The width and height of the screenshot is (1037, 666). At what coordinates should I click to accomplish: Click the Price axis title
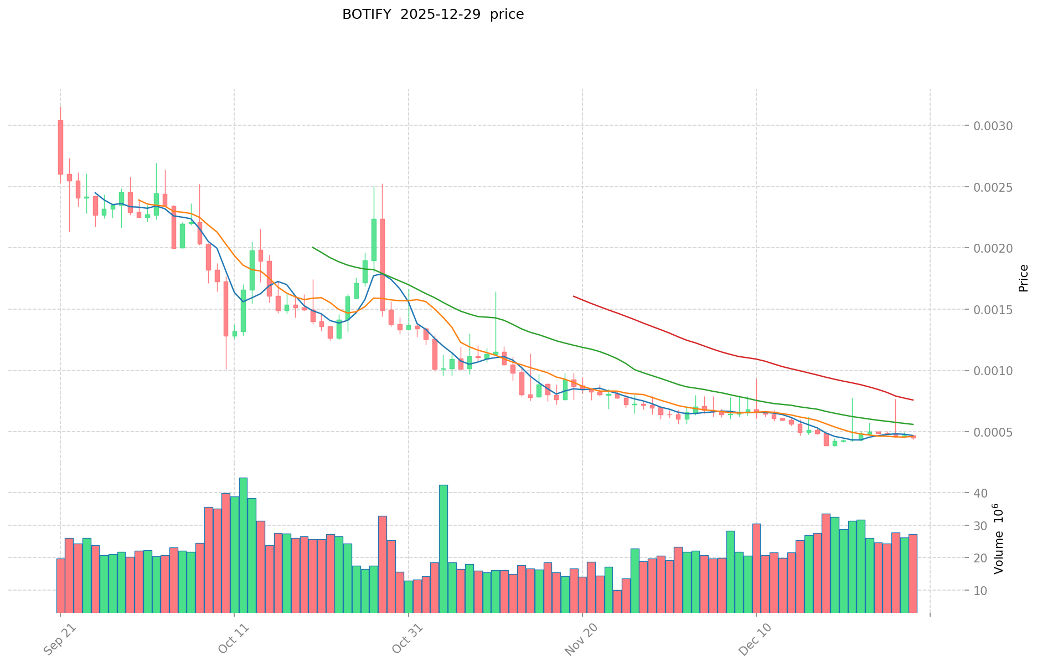point(1023,278)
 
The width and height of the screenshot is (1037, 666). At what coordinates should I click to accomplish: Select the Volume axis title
point(998,539)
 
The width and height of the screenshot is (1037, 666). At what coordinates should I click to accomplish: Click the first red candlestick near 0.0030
point(60,147)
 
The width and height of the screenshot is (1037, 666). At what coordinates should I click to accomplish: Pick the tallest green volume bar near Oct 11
point(243,544)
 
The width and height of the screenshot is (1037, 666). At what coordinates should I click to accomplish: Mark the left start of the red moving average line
point(574,296)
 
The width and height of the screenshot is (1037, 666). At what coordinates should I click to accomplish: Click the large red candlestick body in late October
point(383,264)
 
